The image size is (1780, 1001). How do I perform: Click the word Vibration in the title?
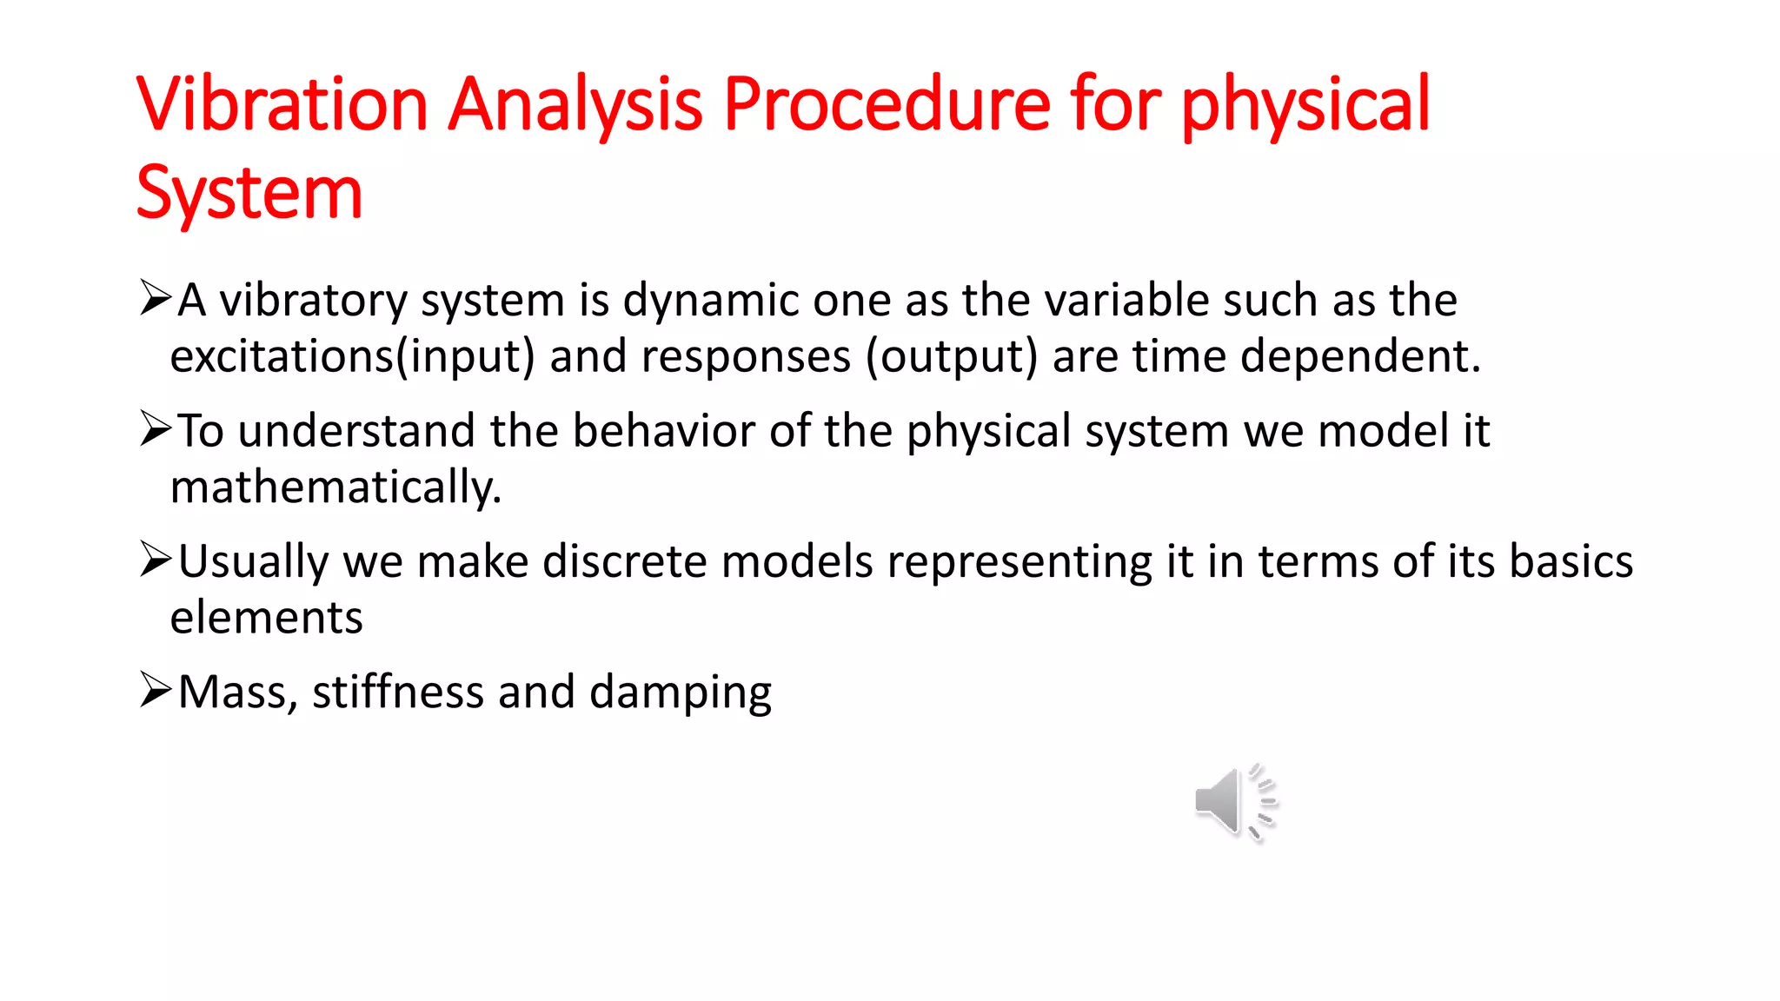tap(282, 104)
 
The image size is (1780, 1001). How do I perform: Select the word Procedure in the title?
tap(887, 104)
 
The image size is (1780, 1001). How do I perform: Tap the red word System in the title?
tap(249, 193)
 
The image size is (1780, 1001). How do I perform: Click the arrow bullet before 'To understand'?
tap(156, 429)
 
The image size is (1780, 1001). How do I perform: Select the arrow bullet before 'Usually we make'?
tap(156, 560)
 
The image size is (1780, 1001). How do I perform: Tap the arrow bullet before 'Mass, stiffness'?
tap(156, 691)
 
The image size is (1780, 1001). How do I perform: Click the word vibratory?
tap(313, 302)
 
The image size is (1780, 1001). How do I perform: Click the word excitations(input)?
tap(352, 357)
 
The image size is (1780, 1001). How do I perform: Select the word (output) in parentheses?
tap(952, 357)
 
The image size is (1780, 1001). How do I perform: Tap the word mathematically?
tap(335, 487)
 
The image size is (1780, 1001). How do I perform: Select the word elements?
tap(266, 618)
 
